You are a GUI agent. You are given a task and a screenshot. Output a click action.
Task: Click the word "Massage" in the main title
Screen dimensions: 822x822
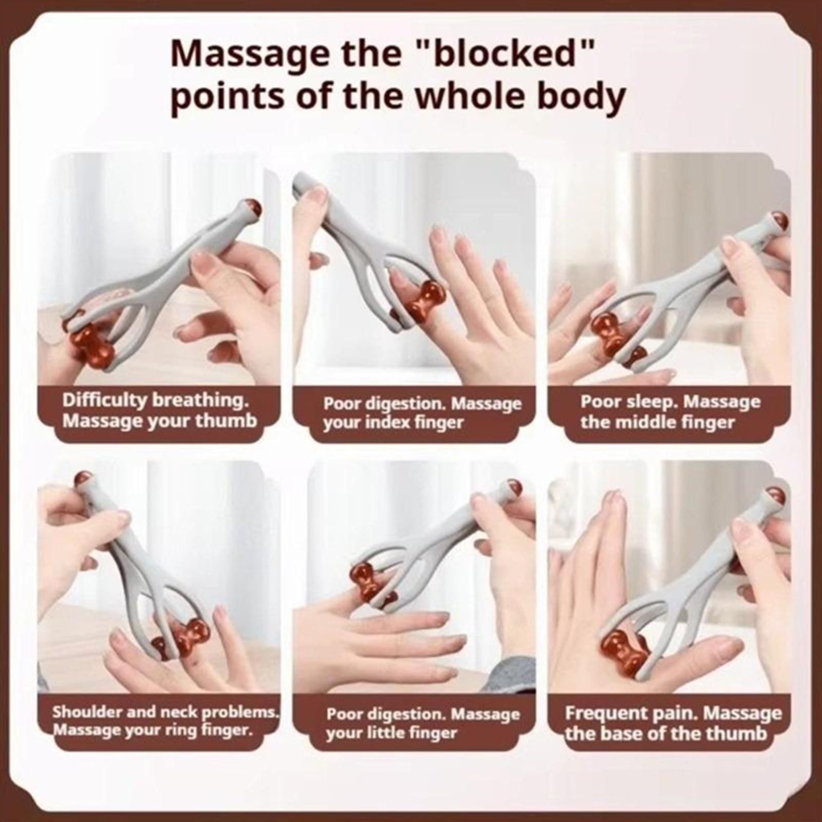[x=250, y=54]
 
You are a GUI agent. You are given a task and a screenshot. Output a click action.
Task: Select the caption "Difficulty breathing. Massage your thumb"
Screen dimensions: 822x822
[x=159, y=410]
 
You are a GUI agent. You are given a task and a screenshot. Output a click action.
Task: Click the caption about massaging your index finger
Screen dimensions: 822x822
[x=422, y=413]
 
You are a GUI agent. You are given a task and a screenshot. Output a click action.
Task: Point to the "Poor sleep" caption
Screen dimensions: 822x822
[x=670, y=412]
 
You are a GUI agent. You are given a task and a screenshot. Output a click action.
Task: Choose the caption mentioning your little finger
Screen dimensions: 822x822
[x=423, y=723]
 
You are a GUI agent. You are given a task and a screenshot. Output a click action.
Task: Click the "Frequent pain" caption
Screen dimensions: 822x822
[x=673, y=722]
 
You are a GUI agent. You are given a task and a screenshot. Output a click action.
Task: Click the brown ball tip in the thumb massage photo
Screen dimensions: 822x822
[x=252, y=208]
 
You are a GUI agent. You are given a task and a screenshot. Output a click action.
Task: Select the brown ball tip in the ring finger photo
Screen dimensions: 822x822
[x=82, y=478]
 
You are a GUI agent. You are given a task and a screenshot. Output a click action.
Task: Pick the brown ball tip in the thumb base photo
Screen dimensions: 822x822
[x=778, y=496]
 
